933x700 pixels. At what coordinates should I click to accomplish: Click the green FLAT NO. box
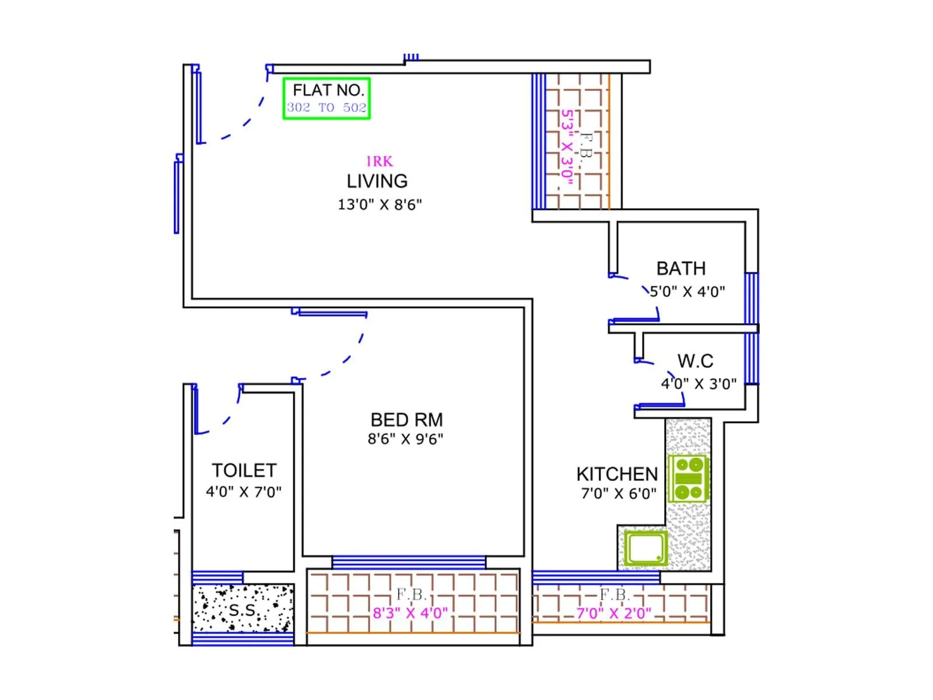[327, 99]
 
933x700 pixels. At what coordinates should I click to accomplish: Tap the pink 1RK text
[379, 162]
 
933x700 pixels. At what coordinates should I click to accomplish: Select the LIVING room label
[377, 181]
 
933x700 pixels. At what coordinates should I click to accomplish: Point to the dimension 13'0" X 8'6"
[380, 205]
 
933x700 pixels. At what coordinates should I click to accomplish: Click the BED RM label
[406, 420]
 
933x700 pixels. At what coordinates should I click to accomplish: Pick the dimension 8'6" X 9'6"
[405, 439]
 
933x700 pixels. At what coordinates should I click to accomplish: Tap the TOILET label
[244, 471]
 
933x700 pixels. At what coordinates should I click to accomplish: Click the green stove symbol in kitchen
[688, 479]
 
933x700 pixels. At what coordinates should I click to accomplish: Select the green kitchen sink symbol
[646, 548]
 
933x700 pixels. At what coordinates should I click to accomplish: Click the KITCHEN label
[617, 474]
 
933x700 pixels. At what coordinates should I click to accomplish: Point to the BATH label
[681, 268]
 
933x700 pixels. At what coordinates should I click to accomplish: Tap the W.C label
[695, 361]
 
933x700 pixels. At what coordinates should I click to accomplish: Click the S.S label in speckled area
[242, 611]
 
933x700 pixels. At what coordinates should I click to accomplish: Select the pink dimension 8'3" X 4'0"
[411, 613]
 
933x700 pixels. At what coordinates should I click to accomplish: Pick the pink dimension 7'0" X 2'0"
[613, 614]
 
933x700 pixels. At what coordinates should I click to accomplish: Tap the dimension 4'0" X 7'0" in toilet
[244, 492]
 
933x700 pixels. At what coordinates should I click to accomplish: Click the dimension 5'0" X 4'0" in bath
[687, 292]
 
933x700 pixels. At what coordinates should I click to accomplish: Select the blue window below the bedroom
[408, 562]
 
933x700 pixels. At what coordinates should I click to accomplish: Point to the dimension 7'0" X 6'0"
[619, 494]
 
